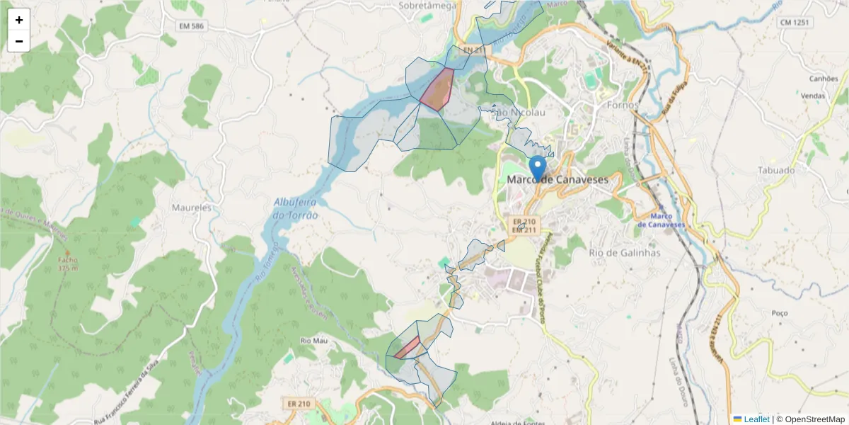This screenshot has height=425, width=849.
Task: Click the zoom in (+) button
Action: [x=19, y=20]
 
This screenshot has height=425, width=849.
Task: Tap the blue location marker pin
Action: [x=538, y=168]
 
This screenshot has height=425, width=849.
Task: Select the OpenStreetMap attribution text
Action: [x=814, y=419]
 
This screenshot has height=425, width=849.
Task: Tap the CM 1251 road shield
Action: [x=795, y=23]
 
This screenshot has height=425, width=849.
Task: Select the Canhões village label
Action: [x=824, y=79]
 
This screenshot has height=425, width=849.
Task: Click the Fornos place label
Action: [x=623, y=105]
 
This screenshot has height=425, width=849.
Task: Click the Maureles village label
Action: [x=192, y=208]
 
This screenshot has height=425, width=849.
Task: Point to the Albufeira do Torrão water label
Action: [x=296, y=208]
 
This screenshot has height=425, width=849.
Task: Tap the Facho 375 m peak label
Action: [x=68, y=263]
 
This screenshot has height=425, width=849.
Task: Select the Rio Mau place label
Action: [x=314, y=341]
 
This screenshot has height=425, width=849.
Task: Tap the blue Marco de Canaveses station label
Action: [x=659, y=220]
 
